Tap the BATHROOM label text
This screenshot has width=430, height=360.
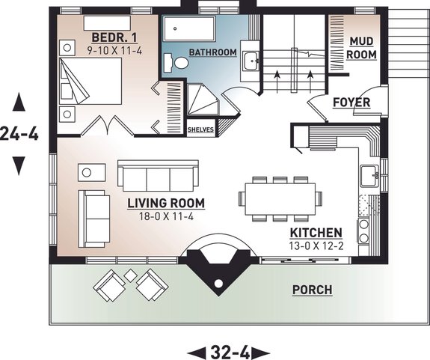(x=212, y=52)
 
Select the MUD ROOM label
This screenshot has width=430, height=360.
(x=362, y=49)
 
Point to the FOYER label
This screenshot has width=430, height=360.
(x=351, y=102)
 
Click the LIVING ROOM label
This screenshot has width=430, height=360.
(x=165, y=203)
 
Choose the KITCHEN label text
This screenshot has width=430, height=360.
(x=316, y=233)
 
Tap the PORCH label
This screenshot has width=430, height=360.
(x=312, y=290)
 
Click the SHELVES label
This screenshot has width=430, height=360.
(x=200, y=129)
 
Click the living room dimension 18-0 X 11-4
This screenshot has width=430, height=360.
(x=165, y=217)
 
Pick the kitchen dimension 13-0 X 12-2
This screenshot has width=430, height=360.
(x=316, y=245)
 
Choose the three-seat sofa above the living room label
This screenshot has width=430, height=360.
(x=158, y=177)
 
